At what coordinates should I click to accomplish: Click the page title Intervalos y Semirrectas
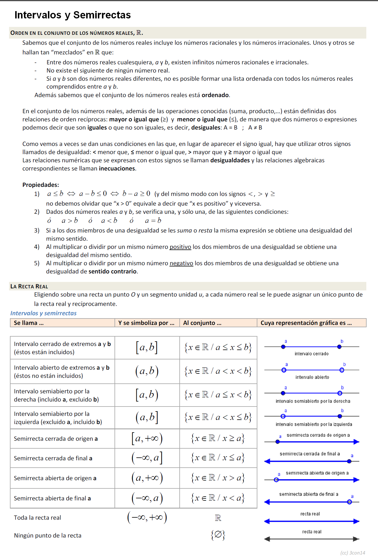[x=72, y=15]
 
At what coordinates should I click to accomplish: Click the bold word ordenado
[x=215, y=95]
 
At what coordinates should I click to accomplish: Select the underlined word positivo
[x=180, y=247]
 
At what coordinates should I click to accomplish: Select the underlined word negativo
[x=181, y=263]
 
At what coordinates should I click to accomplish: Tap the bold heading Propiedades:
[x=41, y=185]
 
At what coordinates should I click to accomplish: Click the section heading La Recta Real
[x=29, y=286]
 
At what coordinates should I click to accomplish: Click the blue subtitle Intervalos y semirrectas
[x=43, y=313]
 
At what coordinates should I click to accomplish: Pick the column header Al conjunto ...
[x=202, y=323]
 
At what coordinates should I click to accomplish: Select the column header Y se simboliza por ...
[x=146, y=323]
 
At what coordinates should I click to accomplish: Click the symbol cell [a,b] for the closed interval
[x=147, y=347]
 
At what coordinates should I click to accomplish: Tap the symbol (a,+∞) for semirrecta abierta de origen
[x=147, y=478]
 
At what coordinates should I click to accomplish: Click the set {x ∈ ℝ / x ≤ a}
[x=218, y=458]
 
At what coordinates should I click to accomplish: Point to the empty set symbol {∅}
[x=218, y=535]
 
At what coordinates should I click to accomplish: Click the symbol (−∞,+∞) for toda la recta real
[x=147, y=518]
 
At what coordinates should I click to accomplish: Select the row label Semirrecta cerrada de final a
[x=53, y=458]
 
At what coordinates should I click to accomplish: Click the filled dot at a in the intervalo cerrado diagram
[x=283, y=347]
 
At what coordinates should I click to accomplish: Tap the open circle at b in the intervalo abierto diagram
[x=342, y=370]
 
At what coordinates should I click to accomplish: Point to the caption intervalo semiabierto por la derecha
[x=313, y=401]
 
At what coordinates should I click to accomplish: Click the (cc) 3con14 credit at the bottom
[x=353, y=553]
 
